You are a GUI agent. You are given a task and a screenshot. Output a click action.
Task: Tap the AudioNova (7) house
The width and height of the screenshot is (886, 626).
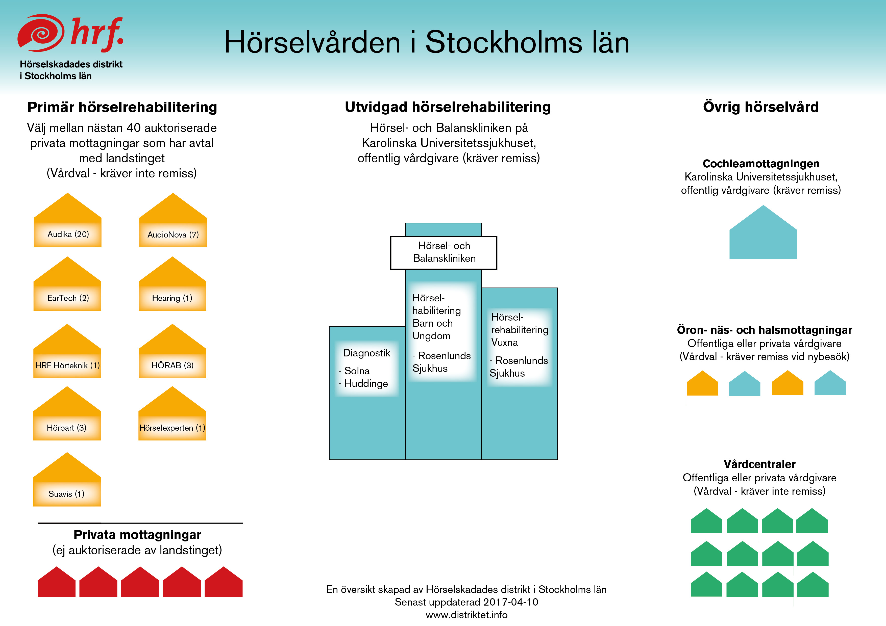point(173,224)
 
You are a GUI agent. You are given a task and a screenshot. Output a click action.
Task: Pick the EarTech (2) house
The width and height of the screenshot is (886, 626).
point(67,287)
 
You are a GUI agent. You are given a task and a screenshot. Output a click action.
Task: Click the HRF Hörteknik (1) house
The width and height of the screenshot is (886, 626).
point(67,355)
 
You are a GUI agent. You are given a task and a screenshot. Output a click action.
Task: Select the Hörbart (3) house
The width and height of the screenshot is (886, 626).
point(67,417)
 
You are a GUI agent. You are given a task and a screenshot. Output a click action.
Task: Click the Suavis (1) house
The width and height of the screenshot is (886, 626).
point(67,483)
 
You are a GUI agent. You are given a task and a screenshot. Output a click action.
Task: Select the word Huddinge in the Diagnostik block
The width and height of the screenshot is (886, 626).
point(366,384)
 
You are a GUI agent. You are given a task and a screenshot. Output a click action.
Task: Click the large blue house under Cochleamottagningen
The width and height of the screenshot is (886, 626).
point(763,235)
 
